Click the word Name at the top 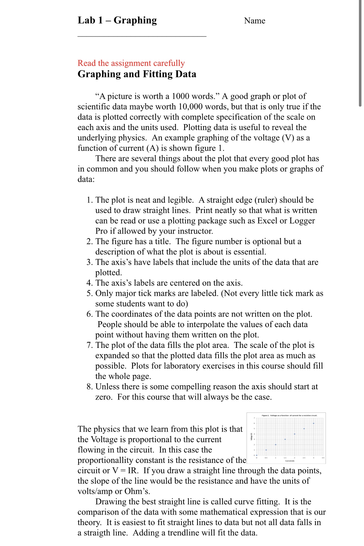pyautogui.click(x=255, y=21)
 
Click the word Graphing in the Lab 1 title pyautogui.click(x=135, y=20)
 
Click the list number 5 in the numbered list pyautogui.click(x=89, y=293)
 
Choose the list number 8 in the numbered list pyautogui.click(x=89, y=387)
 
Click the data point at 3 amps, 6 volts pyautogui.click(x=314, y=423)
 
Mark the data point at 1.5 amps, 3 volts pyautogui.click(x=285, y=439)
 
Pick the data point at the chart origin pyautogui.click(x=257, y=455)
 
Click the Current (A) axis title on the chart pyautogui.click(x=290, y=461)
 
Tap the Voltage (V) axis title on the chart pyautogui.click(x=251, y=437)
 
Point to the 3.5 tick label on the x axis pyautogui.click(x=323, y=458)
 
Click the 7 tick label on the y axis pyautogui.click(x=254, y=418)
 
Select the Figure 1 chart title pyautogui.click(x=289, y=415)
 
